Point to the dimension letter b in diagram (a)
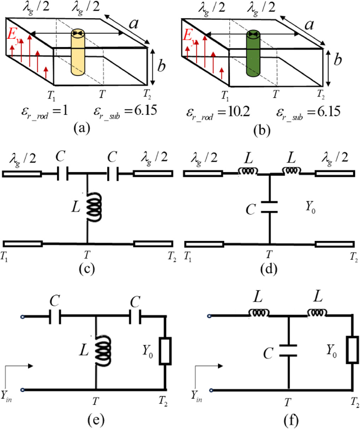click(x=162, y=65)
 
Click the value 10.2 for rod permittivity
click(x=236, y=111)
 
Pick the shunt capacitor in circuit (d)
click(x=269, y=207)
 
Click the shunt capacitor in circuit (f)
click(x=289, y=350)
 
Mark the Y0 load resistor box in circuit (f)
click(x=353, y=350)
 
